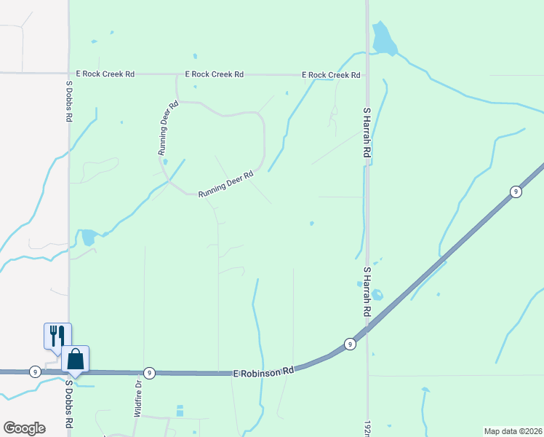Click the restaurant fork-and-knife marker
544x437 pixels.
tap(57, 336)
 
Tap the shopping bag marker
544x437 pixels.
tap(76, 359)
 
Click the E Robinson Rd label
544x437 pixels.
tap(263, 371)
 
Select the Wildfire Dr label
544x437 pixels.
tap(137, 397)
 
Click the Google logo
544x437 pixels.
tap(24, 428)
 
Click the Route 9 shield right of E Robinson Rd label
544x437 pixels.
tap(350, 344)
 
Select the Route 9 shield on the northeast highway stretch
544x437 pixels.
tap(515, 192)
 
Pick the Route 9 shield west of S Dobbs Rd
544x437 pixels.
tap(35, 371)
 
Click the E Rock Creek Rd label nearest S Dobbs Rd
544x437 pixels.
tap(105, 74)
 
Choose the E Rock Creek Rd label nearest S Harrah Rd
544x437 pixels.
tap(332, 75)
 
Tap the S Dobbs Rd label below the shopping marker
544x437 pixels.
tap(70, 403)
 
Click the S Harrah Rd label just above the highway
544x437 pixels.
tap(367, 291)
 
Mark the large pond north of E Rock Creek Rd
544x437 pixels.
tap(383, 39)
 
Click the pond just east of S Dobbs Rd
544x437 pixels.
tap(87, 237)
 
